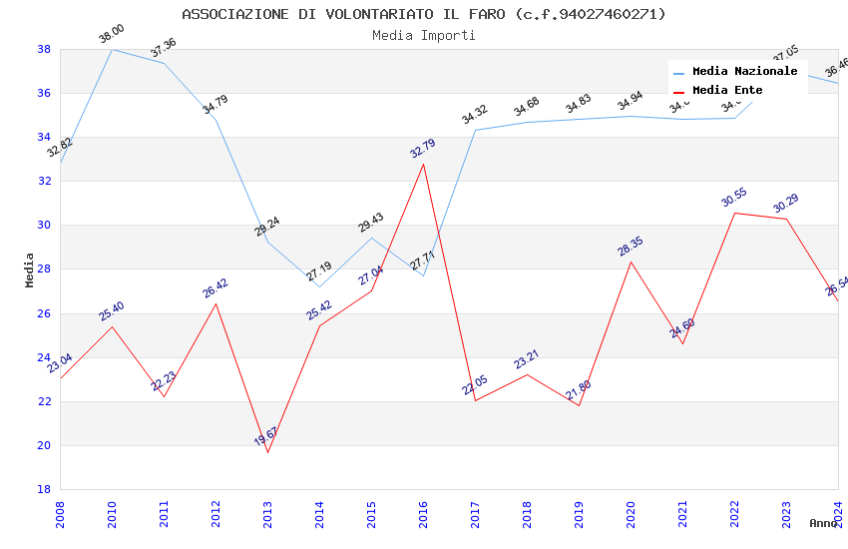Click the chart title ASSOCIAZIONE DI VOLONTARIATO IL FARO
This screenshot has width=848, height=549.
click(424, 14)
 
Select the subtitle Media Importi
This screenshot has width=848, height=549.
click(424, 35)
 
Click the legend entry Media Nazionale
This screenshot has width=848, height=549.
click(744, 71)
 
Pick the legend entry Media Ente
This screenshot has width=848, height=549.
click(727, 90)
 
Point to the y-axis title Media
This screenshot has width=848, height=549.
click(29, 270)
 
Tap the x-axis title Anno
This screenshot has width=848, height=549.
click(823, 523)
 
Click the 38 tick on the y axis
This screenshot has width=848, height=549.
click(44, 49)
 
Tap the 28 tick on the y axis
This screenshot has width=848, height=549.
click(44, 270)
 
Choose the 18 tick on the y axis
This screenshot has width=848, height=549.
click(44, 489)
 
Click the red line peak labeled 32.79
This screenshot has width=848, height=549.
click(423, 164)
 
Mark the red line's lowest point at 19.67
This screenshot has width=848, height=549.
click(267, 452)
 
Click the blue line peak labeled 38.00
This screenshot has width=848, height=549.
click(112, 49)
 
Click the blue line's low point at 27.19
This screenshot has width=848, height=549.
click(319, 286)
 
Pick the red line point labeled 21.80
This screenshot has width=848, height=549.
click(579, 405)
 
